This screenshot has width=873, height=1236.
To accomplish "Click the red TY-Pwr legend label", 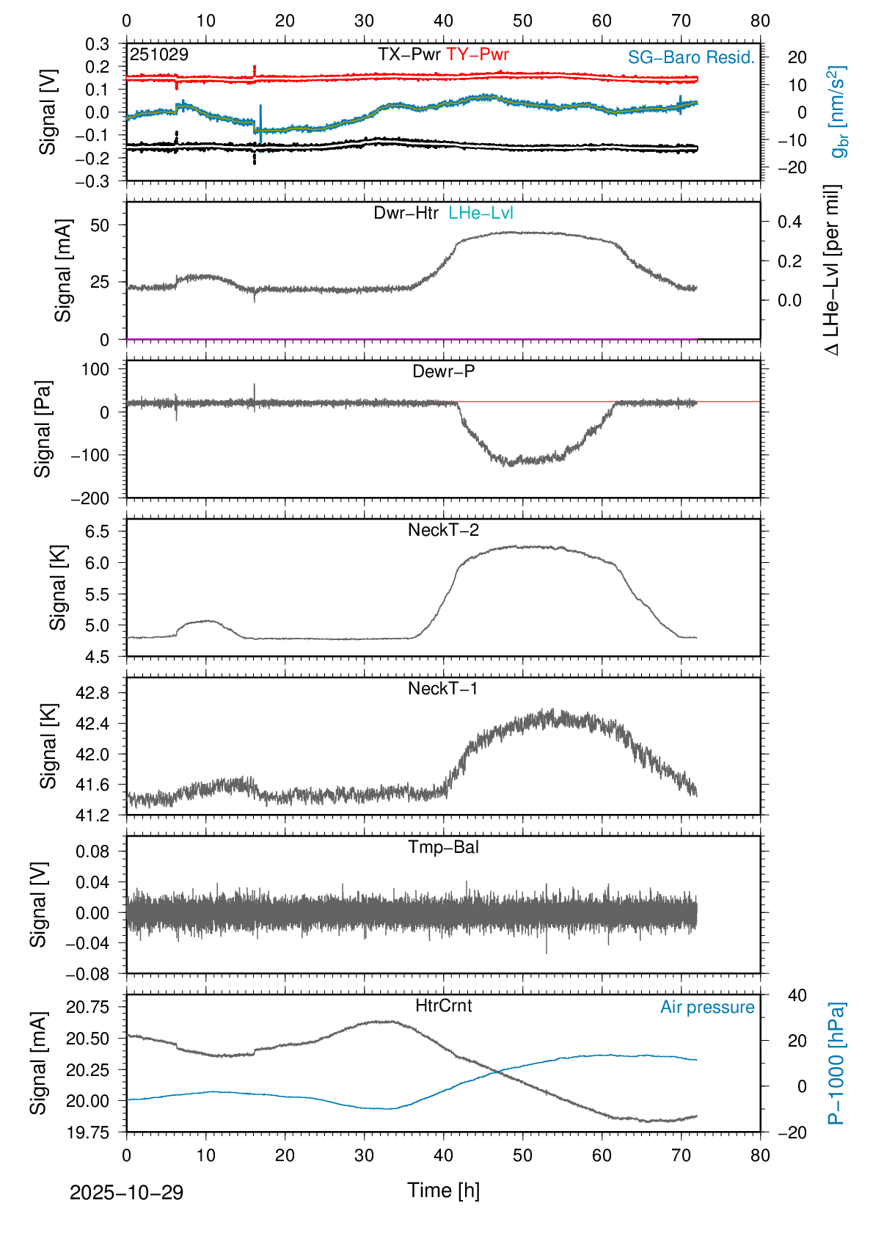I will pos(477,54).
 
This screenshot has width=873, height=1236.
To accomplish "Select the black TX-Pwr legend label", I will pos(409,54).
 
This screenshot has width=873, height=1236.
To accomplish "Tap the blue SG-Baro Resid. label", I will pos(691,57).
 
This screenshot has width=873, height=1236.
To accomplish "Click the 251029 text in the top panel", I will pos(159,54).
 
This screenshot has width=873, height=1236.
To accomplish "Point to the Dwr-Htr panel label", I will pos(406,213).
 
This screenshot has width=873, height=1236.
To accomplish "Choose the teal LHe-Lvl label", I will pos(481,213).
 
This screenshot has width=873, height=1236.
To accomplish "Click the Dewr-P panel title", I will pos(443,371).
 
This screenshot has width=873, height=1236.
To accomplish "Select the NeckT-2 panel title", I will pos(443,530).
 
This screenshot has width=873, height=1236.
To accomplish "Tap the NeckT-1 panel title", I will pos(443,688).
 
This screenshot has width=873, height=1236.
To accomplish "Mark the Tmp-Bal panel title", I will pos(443,847).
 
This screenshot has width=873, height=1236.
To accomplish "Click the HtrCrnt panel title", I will pos(443,1006).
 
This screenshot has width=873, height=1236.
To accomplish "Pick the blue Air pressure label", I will pos(707,1007).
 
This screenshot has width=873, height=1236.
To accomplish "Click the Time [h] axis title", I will pos(443,1190).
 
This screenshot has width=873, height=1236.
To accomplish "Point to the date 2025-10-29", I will pos(126,1193).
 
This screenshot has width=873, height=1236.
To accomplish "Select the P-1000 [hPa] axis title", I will pos(836,1064).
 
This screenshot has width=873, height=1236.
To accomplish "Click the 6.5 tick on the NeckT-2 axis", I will pos(97,531).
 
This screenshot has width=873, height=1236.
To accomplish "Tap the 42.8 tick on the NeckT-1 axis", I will pos(92,693).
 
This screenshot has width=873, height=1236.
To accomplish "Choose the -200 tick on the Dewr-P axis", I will pos(90,498).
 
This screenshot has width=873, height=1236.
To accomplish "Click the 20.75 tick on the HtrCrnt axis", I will pos(88,1007).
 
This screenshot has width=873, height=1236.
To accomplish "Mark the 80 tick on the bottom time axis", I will pos(760,1155).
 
